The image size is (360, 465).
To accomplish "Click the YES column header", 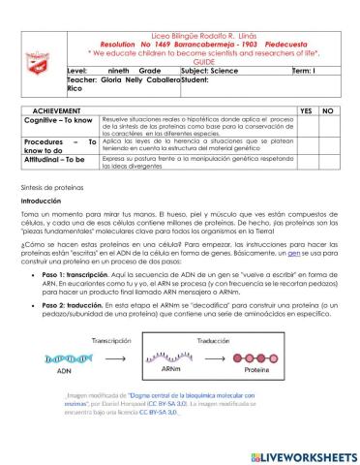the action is (307, 111).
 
